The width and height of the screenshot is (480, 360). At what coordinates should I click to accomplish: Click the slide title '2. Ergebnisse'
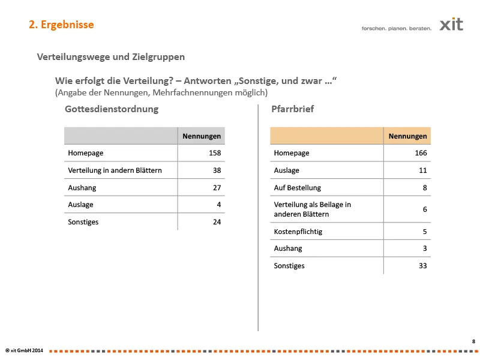pyautogui.click(x=61, y=25)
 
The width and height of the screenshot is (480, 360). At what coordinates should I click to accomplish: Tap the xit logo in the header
pyautogui.click(x=451, y=25)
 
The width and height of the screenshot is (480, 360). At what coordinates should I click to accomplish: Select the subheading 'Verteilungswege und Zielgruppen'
pyautogui.click(x=111, y=57)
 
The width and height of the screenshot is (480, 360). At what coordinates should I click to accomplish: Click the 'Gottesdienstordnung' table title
pyautogui.click(x=112, y=109)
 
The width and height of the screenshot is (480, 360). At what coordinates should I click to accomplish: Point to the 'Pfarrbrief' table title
pyautogui.click(x=292, y=109)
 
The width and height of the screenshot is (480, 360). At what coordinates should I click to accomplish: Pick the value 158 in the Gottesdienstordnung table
pyautogui.click(x=215, y=153)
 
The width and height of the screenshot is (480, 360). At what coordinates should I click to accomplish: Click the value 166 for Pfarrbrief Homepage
pyautogui.click(x=421, y=153)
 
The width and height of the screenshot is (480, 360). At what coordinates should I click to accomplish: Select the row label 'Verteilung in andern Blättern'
pyautogui.click(x=115, y=170)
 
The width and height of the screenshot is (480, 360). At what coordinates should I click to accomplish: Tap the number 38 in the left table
pyautogui.click(x=217, y=170)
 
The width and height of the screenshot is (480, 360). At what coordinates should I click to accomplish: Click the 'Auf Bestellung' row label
pyautogui.click(x=298, y=188)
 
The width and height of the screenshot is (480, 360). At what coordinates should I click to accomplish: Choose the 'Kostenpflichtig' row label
pyautogui.click(x=298, y=232)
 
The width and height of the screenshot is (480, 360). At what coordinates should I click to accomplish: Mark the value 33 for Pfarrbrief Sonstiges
pyautogui.click(x=422, y=266)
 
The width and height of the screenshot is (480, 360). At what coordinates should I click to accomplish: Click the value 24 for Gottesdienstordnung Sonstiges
pyautogui.click(x=217, y=222)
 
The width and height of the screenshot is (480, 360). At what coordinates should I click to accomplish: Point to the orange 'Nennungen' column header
pyautogui.click(x=407, y=136)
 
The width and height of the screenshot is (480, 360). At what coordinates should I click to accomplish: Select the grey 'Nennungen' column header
pyautogui.click(x=202, y=136)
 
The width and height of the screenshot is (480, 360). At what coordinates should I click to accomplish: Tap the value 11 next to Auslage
pyautogui.click(x=422, y=170)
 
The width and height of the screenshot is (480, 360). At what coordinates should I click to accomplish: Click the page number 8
pyautogui.click(x=473, y=341)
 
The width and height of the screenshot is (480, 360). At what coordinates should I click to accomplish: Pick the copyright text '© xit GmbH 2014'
pyautogui.click(x=24, y=350)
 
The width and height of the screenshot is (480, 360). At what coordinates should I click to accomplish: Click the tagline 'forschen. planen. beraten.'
pyautogui.click(x=396, y=28)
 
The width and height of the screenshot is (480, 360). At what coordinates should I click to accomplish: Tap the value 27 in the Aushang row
pyautogui.click(x=217, y=188)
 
